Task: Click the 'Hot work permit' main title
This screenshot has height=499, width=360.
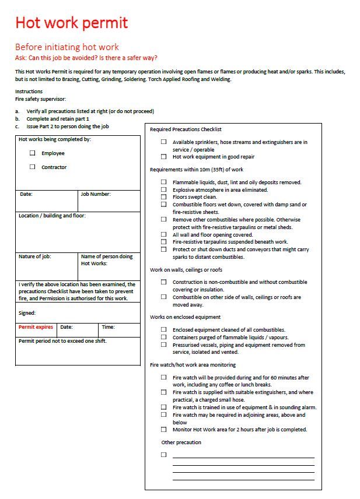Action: [71, 23]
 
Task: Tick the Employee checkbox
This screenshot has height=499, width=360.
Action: [33, 153]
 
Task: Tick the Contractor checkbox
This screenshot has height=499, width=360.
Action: [33, 167]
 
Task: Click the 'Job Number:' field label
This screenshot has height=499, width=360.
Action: [96, 194]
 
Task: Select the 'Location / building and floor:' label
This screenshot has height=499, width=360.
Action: [52, 216]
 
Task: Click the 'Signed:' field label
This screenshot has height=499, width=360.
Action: [27, 313]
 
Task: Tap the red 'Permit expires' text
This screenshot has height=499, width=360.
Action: [36, 327]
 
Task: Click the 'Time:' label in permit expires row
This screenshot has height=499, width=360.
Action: [108, 327]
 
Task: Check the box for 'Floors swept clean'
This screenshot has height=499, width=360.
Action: [164, 198]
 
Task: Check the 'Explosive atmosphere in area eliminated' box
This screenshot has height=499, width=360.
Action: [164, 190]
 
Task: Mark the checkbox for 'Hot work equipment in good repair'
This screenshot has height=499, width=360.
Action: [164, 157]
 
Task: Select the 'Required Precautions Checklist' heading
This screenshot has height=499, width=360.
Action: [186, 129]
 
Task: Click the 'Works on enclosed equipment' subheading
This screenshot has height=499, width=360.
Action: [185, 317]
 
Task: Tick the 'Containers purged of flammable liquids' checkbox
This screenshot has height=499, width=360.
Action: [164, 338]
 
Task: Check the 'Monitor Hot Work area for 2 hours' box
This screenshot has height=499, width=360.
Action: [164, 430]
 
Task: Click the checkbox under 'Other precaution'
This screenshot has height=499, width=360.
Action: [164, 454]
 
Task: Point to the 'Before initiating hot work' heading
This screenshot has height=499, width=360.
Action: [67, 47]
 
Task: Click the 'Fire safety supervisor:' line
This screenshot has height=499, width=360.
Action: [40, 99]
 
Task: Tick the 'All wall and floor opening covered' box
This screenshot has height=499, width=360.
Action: [164, 235]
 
